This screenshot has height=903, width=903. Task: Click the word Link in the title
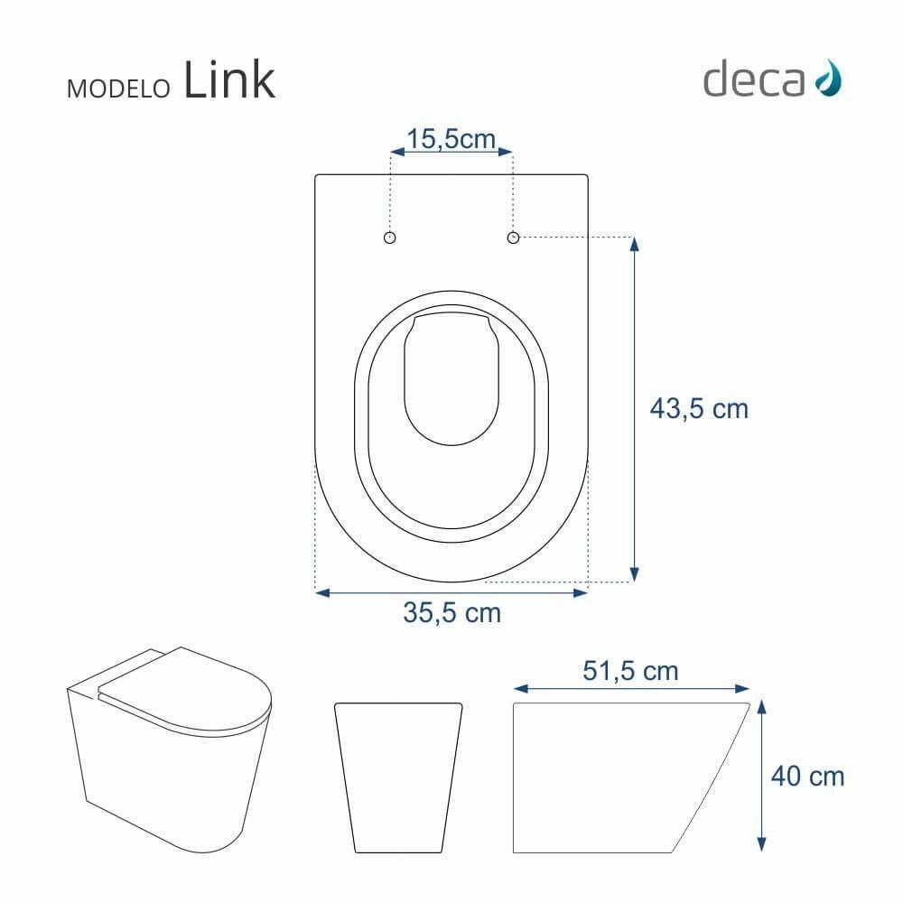tap(228, 81)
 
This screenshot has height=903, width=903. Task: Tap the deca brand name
tap(753, 80)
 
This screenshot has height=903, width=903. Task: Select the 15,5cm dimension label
tap(451, 139)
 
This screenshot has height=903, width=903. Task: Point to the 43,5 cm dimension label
tap(699, 409)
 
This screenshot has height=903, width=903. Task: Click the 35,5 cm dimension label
tap(451, 613)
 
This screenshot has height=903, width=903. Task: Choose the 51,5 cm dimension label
tap(630, 671)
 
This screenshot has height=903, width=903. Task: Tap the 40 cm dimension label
tap(808, 776)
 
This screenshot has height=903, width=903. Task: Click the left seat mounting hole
tap(390, 237)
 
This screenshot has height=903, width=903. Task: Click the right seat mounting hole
tap(513, 237)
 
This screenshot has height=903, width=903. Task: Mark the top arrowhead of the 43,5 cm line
tap(634, 243)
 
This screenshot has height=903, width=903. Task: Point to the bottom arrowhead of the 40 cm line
tap(764, 846)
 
